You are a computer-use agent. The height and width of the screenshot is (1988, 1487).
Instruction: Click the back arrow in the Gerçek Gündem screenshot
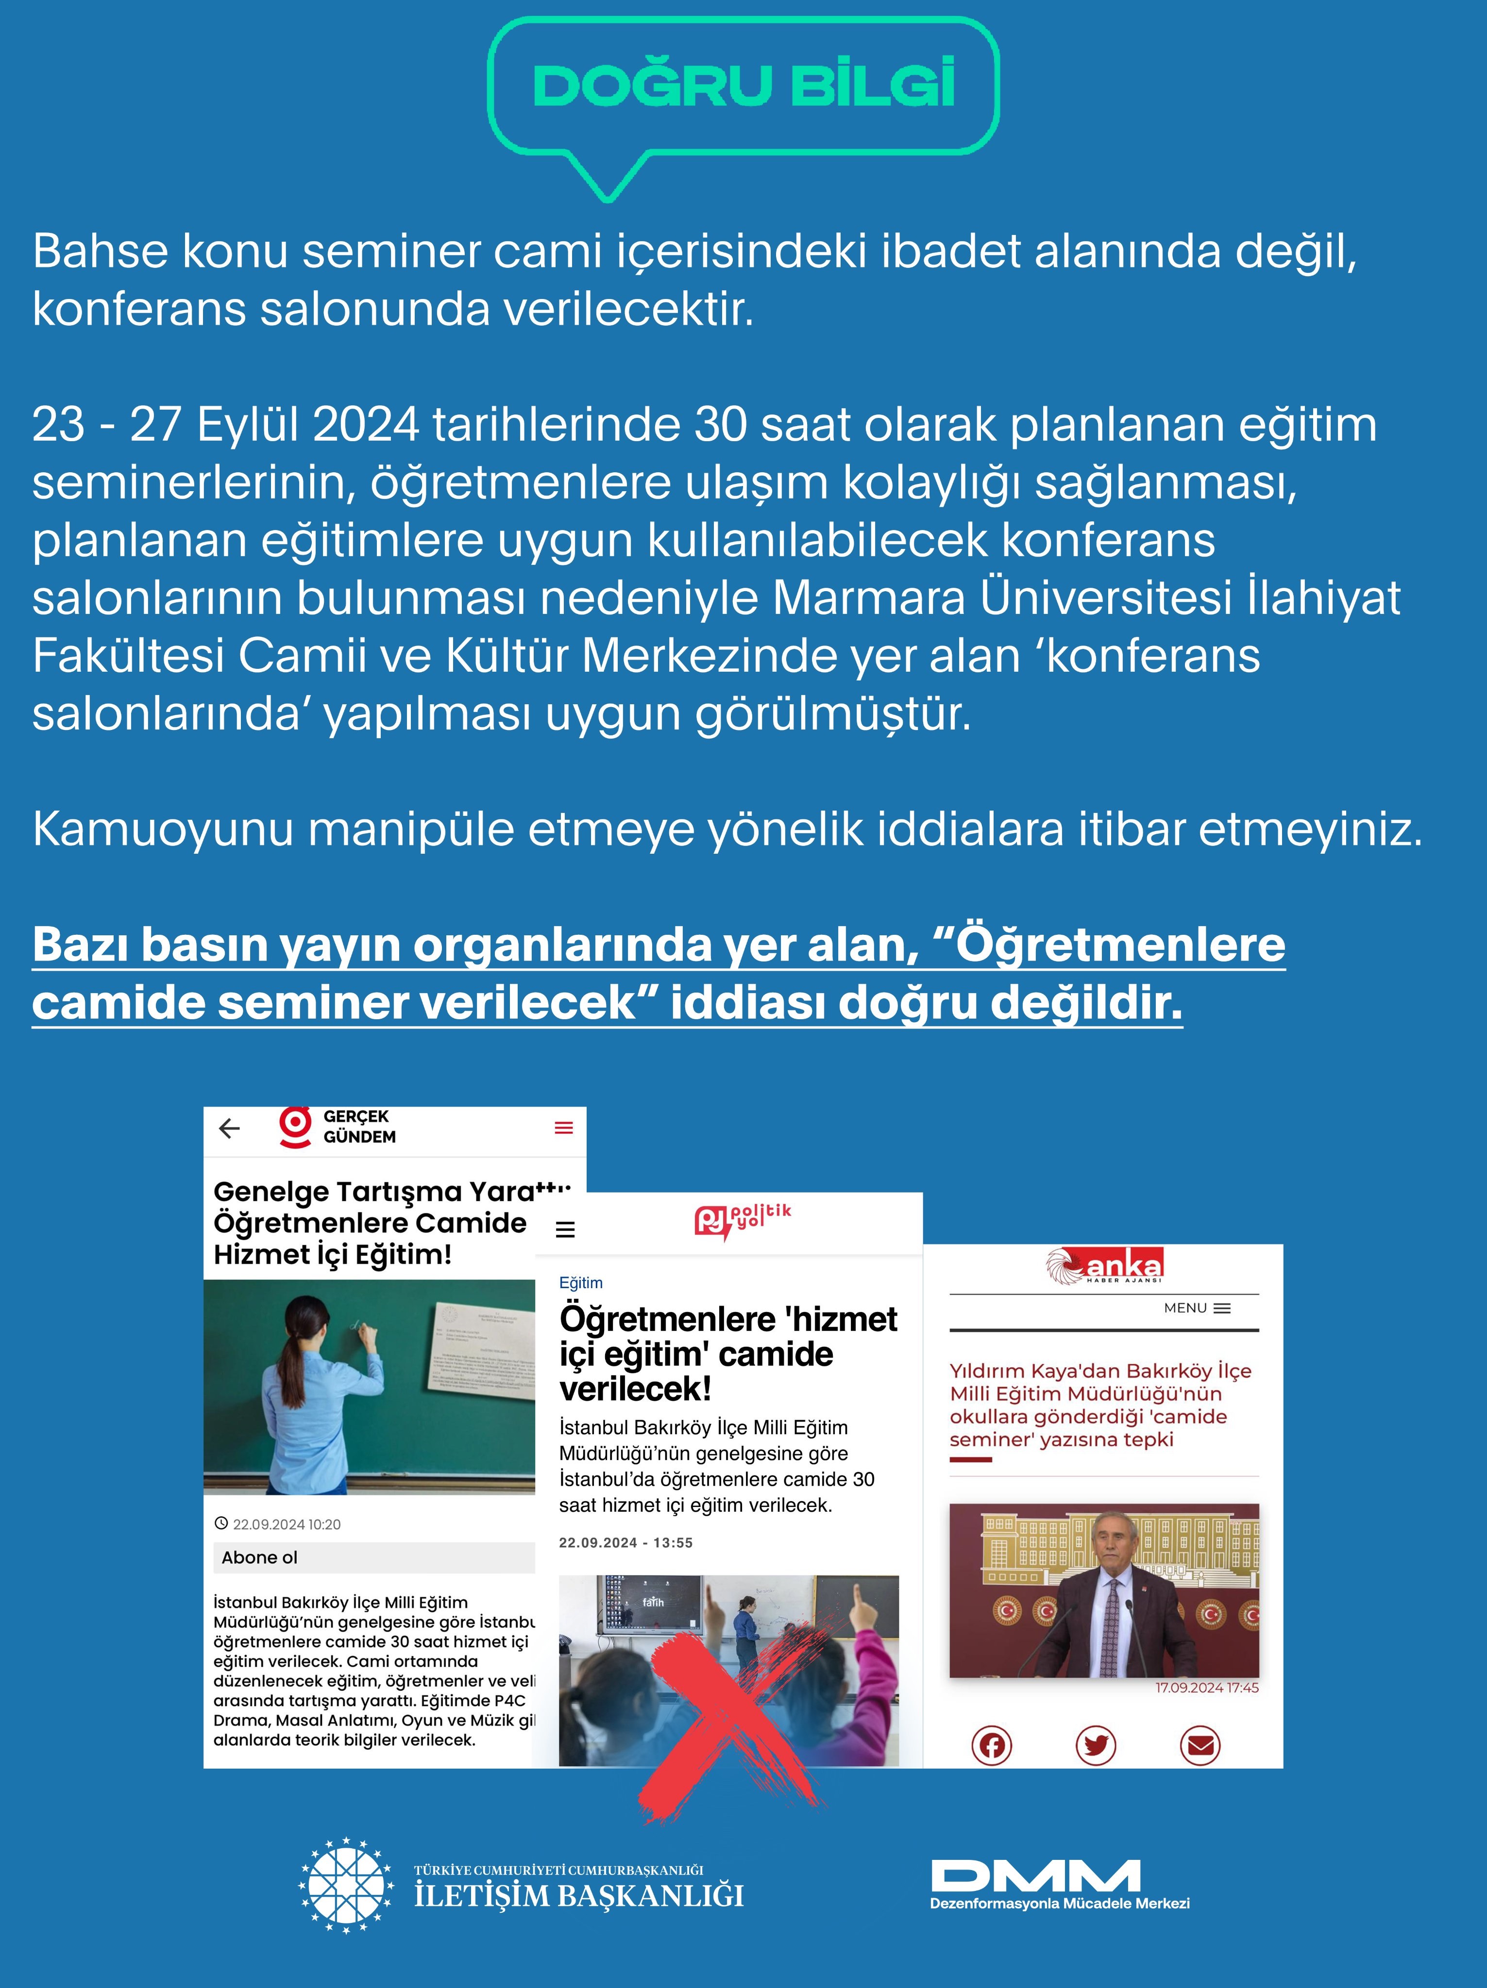point(230,1128)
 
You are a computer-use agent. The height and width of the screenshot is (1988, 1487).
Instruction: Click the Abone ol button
point(260,1557)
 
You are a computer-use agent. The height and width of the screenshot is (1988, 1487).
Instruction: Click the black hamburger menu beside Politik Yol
point(565,1229)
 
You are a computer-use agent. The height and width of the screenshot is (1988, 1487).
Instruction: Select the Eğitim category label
point(581,1282)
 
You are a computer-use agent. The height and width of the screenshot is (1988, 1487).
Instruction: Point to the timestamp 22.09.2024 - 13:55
point(625,1543)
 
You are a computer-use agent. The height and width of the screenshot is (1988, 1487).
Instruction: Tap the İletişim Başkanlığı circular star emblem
point(346,1885)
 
